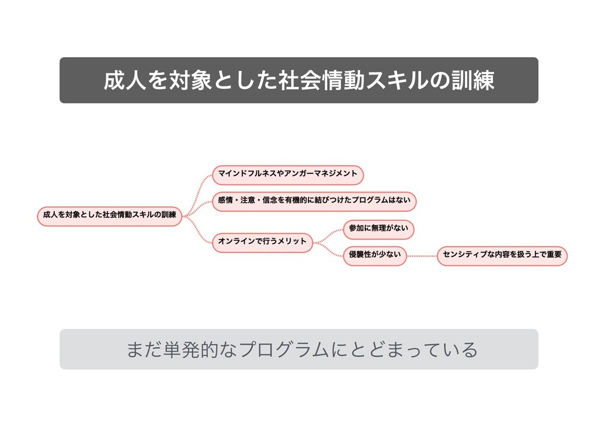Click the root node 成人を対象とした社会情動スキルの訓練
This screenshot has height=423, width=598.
109,215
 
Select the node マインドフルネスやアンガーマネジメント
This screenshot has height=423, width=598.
287,174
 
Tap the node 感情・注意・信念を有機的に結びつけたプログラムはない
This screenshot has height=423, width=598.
314,200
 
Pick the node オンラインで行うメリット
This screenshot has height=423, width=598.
262,241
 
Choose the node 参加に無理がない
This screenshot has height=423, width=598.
378,228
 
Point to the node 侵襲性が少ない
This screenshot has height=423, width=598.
374,255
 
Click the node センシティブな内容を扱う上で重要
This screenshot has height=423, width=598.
502,255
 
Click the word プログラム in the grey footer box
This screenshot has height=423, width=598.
284,349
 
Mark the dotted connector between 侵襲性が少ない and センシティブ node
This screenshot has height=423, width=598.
422,255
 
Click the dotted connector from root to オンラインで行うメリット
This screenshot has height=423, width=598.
199,231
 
